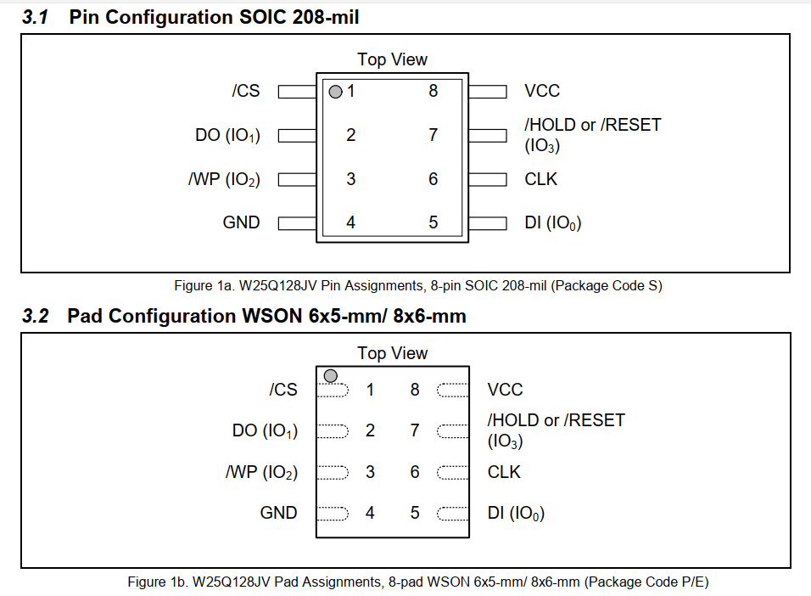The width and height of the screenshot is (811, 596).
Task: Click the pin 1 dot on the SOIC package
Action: pos(335,91)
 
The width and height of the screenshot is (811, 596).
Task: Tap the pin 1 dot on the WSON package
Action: pos(330,375)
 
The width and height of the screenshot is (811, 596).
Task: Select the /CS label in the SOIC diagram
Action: pos(246,91)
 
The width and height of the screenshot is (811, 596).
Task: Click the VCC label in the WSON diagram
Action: pos(505,390)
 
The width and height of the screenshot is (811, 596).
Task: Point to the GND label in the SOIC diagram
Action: pos(241,222)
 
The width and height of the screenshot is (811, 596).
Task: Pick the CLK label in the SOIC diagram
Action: pos(541,179)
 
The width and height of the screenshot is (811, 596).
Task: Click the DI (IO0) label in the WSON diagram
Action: pos(516,513)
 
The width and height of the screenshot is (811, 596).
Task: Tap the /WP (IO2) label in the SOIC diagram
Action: pos(224,179)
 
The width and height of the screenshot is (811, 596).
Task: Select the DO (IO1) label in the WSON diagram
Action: pos(265,431)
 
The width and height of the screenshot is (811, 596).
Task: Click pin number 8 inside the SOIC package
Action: pos(433,91)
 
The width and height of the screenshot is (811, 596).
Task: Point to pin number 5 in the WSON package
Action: pos(415,513)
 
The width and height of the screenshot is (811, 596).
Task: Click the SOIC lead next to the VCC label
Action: pos(487,91)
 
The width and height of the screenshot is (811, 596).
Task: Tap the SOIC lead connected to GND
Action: pos(297,222)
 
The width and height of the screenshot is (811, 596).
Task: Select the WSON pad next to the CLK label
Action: pos(453,472)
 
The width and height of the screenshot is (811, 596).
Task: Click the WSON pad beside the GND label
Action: pos(333,513)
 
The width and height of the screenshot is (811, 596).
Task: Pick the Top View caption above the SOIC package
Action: pos(392,59)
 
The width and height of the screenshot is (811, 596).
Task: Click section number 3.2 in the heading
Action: pos(35,317)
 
